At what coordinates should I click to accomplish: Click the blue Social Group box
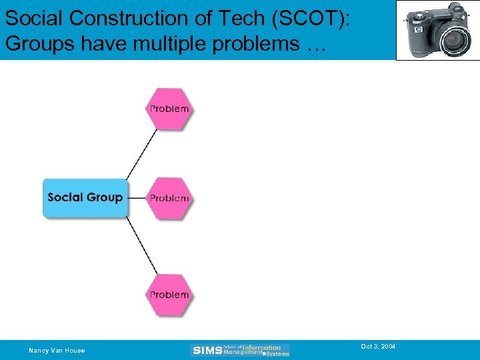tap(85, 197)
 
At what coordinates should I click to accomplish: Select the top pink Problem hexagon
tap(169, 109)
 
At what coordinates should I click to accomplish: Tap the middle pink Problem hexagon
tap(169, 198)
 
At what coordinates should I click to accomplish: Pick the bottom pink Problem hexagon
tap(169, 295)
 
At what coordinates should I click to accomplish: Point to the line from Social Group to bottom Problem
tap(141, 245)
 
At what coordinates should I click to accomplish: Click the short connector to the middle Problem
tap(136, 198)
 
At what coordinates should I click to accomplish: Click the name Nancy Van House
tap(57, 350)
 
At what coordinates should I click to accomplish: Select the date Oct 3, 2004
tap(378, 347)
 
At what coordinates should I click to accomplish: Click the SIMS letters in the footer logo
tap(207, 350)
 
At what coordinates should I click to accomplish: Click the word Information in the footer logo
tap(261, 347)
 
